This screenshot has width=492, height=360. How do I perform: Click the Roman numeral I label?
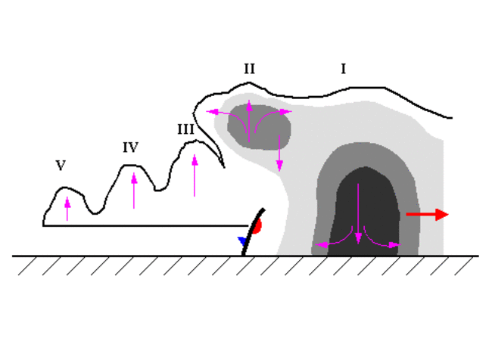344,70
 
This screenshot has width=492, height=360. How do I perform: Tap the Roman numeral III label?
186,129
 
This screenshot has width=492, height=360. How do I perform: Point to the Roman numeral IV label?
130,147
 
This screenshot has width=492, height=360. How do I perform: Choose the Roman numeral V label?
61,166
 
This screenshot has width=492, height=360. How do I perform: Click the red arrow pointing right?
428,215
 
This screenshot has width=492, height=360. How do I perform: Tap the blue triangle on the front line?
242,241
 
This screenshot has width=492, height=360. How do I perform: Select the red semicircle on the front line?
258,225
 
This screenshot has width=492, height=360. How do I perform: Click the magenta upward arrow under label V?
67,209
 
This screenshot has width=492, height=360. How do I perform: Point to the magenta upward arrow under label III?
195,175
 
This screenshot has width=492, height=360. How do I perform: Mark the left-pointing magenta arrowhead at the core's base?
319,244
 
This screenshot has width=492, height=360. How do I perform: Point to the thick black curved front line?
252,231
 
